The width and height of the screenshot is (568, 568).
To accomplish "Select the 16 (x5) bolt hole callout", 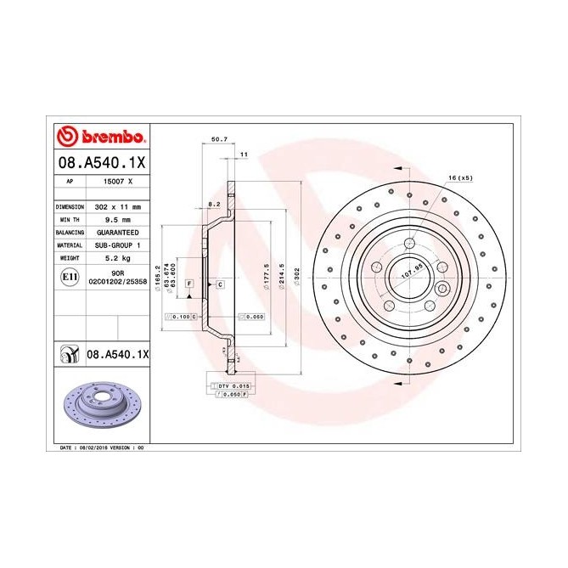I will click(x=459, y=177).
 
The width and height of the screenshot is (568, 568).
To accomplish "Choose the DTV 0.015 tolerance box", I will click(x=228, y=386).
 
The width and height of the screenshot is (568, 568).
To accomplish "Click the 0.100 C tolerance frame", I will click(x=180, y=316).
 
